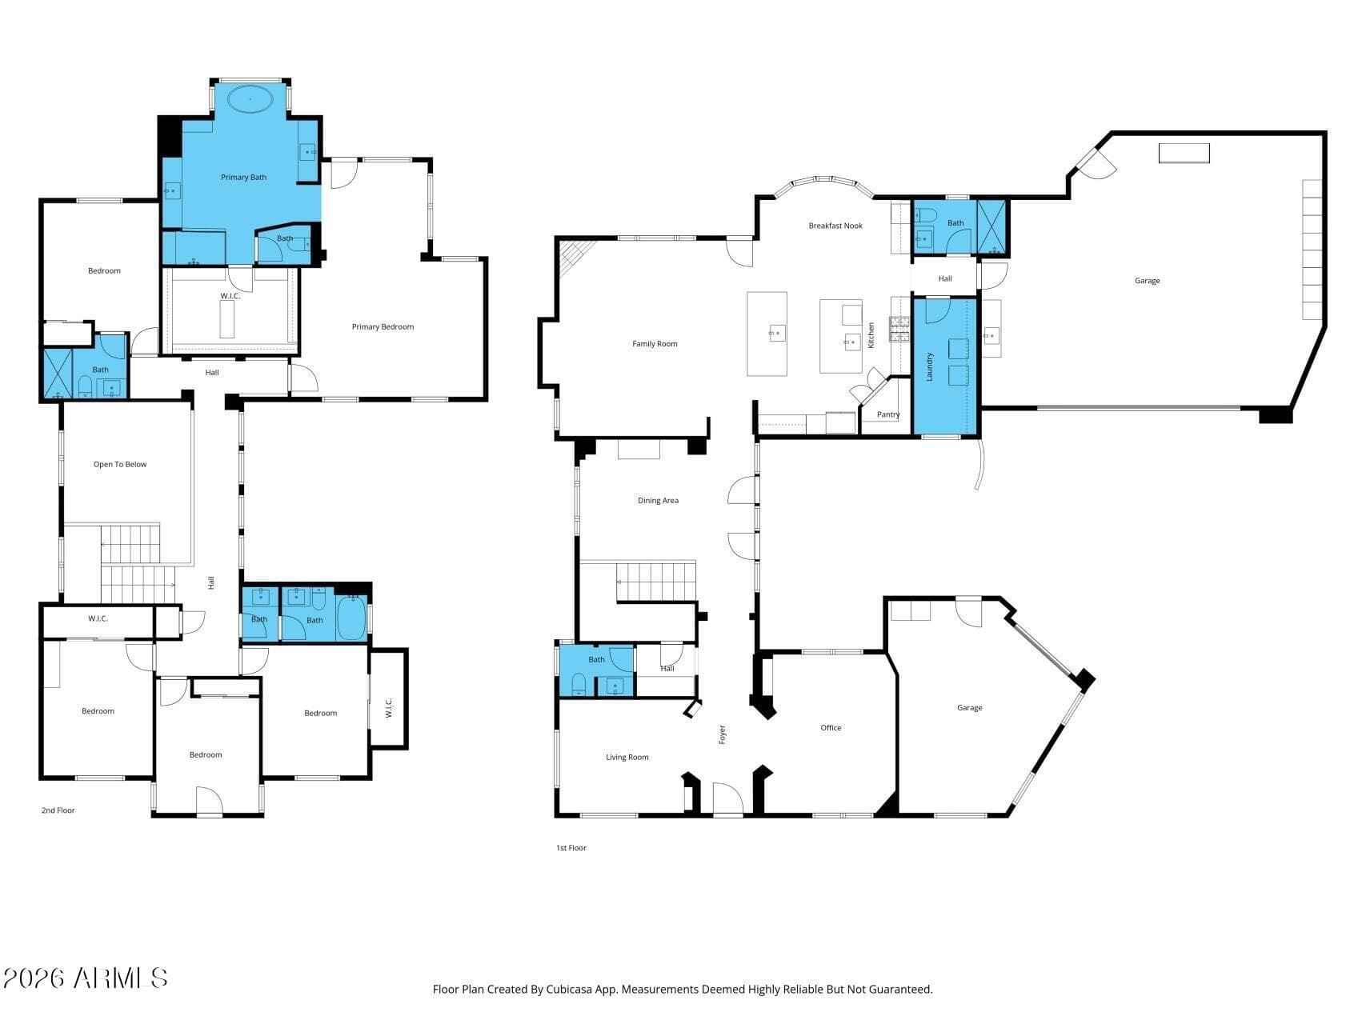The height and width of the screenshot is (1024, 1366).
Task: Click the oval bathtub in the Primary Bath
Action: point(250,99)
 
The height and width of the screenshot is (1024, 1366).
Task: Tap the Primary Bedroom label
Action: point(383,326)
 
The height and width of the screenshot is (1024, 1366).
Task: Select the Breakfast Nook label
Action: point(835,226)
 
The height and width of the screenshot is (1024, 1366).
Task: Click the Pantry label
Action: point(888,414)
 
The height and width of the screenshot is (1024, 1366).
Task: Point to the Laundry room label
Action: point(930,366)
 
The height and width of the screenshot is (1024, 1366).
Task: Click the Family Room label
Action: point(655,344)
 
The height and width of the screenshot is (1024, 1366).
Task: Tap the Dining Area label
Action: point(658,501)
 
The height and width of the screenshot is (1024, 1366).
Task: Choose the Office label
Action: point(831,728)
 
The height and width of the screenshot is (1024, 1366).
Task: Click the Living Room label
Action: point(627,758)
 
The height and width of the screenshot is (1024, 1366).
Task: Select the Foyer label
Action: point(722,734)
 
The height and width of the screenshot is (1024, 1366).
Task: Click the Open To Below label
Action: point(120,465)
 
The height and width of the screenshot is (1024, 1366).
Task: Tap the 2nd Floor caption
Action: point(58,810)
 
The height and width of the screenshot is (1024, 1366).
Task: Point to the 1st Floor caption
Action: point(571,848)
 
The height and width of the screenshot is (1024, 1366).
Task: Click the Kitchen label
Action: point(871,334)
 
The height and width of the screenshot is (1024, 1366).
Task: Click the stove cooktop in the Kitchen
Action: point(900,329)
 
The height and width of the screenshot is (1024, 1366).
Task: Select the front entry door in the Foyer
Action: point(728,800)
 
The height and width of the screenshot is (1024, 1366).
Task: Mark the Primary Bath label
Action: point(244,178)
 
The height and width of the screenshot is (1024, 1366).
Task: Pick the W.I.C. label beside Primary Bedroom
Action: point(230,297)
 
